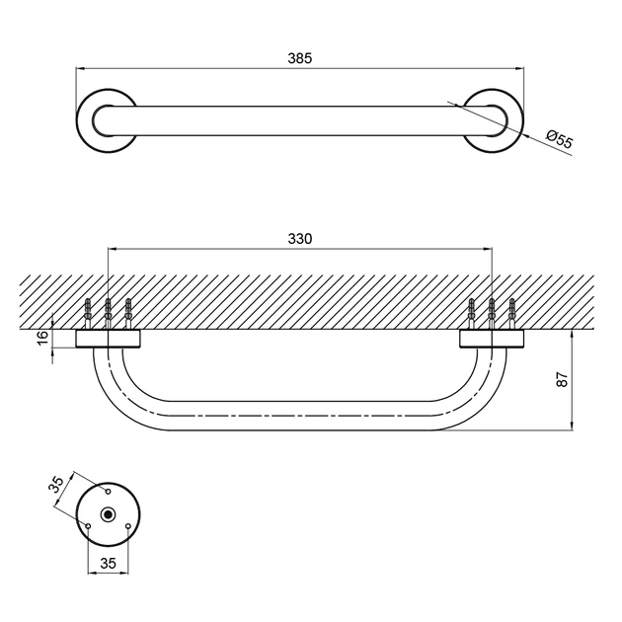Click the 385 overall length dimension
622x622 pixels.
[x=300, y=58]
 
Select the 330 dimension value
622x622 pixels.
[x=300, y=240]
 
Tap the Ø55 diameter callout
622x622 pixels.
[x=560, y=140]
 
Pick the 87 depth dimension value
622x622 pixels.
[x=563, y=380]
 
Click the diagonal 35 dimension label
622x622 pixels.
[x=56, y=485]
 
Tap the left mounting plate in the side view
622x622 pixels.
[x=109, y=339]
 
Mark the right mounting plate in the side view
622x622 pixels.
[x=492, y=339]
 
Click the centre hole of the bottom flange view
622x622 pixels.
[x=108, y=514]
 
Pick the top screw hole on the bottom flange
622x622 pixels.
[x=108, y=489]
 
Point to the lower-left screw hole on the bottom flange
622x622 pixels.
[x=88, y=526]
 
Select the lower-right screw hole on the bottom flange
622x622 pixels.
[x=128, y=526]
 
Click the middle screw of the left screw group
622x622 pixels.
[x=109, y=312]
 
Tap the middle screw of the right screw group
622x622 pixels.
[x=492, y=312]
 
